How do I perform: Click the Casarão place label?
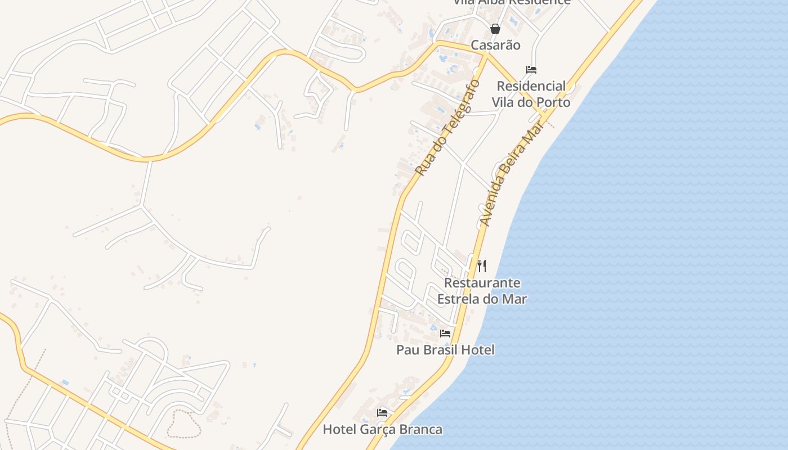tap(495, 45)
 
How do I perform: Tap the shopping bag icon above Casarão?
tap(495, 29)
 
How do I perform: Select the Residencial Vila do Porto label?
tap(531, 94)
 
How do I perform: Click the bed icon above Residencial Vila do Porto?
tap(531, 70)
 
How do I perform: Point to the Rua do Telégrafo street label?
tap(447, 127)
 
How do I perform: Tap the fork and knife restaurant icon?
tap(482, 265)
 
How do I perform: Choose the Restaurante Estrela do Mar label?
tap(482, 291)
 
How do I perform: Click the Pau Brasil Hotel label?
tap(445, 350)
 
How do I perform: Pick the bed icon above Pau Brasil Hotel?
tap(445, 334)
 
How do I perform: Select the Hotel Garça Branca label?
tap(382, 430)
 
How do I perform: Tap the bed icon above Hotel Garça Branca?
tap(382, 413)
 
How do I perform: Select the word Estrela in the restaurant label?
tap(459, 299)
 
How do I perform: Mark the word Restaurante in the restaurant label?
tap(482, 283)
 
